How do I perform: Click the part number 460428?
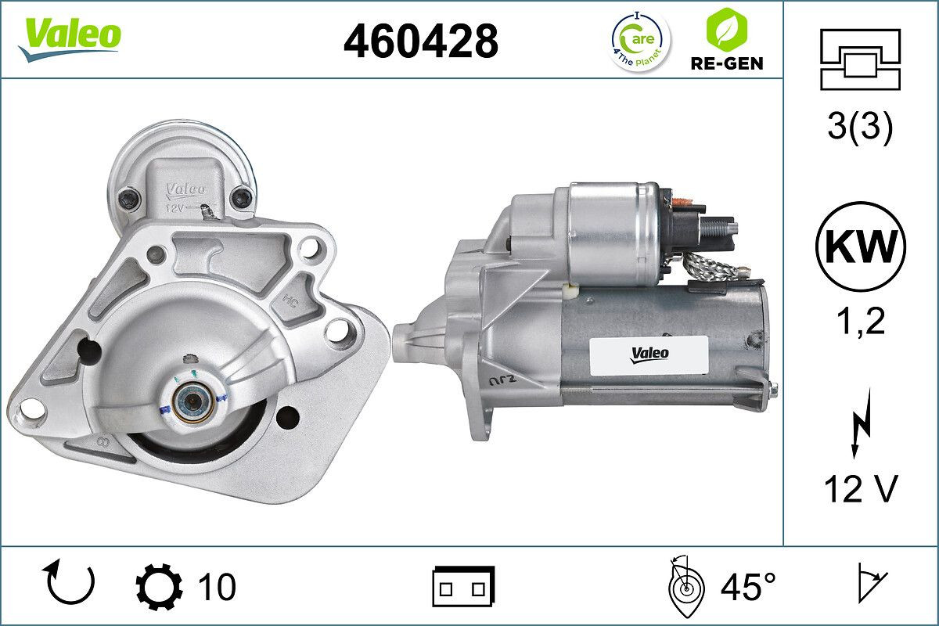point(420,41)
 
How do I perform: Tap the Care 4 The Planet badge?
point(640,40)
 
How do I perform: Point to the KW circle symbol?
point(860,246)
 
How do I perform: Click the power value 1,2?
point(860,321)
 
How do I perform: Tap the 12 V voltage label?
point(860,489)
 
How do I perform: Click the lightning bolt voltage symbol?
point(860,426)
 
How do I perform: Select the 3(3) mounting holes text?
point(860,128)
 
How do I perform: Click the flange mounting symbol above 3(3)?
point(860,59)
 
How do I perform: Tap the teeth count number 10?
point(217,587)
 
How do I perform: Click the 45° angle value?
point(748,587)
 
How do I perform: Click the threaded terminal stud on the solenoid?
point(725,228)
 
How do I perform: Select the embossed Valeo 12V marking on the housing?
point(185,196)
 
